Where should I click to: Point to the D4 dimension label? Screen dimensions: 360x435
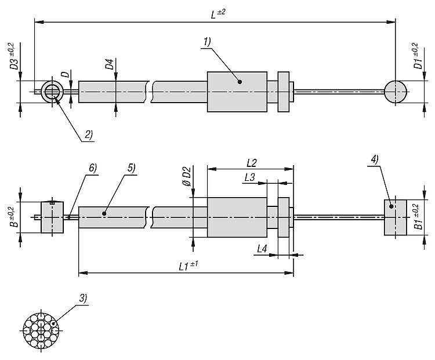109,64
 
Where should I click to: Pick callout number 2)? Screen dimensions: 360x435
88,135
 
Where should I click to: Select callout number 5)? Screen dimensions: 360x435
131,168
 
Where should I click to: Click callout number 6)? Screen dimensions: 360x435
92,168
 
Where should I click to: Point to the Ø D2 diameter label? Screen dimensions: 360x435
186,176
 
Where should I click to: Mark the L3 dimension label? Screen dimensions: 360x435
250,177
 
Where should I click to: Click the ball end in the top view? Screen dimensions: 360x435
396,91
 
